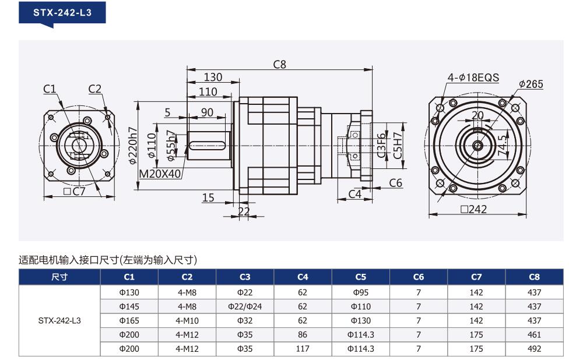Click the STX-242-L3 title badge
pyautogui.click(x=62, y=13)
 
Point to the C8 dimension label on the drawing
pyautogui.click(x=280, y=65)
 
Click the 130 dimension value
pyautogui.click(x=213, y=77)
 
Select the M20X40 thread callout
pyautogui.click(x=160, y=174)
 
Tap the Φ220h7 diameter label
pyautogui.click(x=133, y=145)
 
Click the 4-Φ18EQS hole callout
pyautogui.click(x=473, y=77)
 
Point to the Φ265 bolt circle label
pyautogui.click(x=531, y=84)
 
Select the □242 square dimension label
pyautogui.click(x=473, y=209)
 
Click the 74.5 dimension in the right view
pyautogui.click(x=503, y=145)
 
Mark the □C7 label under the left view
pyautogui.click(x=75, y=191)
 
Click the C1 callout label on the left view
pyautogui.click(x=50, y=89)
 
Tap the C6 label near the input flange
pyautogui.click(x=396, y=183)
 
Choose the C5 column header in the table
pyautogui.click(x=361, y=277)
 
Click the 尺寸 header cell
pyautogui.click(x=59, y=277)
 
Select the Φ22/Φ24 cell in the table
pyautogui.click(x=245, y=306)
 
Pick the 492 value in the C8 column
pyautogui.click(x=534, y=349)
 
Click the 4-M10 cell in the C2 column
pyautogui.click(x=187, y=320)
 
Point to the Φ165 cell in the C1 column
pyautogui.click(x=129, y=320)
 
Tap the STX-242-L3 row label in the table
pyautogui.click(x=59, y=320)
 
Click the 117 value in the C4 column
pyautogui.click(x=303, y=349)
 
